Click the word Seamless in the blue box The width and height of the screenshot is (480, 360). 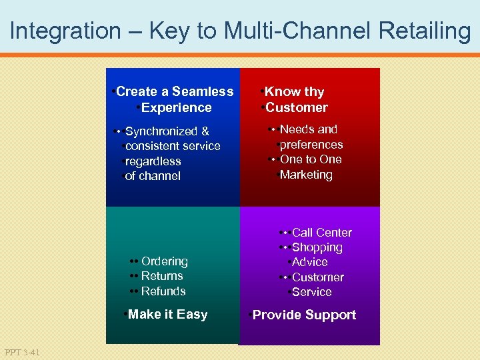(x=204, y=92)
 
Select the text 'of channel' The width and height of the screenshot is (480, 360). (x=153, y=176)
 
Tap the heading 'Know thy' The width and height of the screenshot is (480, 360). (x=294, y=92)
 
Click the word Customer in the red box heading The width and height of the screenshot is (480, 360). (x=297, y=108)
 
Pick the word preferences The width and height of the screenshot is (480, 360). (x=311, y=145)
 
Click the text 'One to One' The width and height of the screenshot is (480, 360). (x=311, y=159)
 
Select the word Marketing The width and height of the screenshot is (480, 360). (x=306, y=175)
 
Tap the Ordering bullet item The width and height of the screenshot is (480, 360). (x=164, y=261)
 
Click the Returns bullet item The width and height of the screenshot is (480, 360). (x=162, y=276)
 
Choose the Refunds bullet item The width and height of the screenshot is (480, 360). (x=163, y=291)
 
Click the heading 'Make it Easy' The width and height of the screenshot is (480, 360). (x=167, y=315)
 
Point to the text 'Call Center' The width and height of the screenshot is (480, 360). (x=321, y=233)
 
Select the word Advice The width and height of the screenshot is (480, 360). (x=310, y=262)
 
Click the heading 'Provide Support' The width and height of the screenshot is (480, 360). (x=304, y=315)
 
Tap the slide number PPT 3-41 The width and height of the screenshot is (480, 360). (x=21, y=352)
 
